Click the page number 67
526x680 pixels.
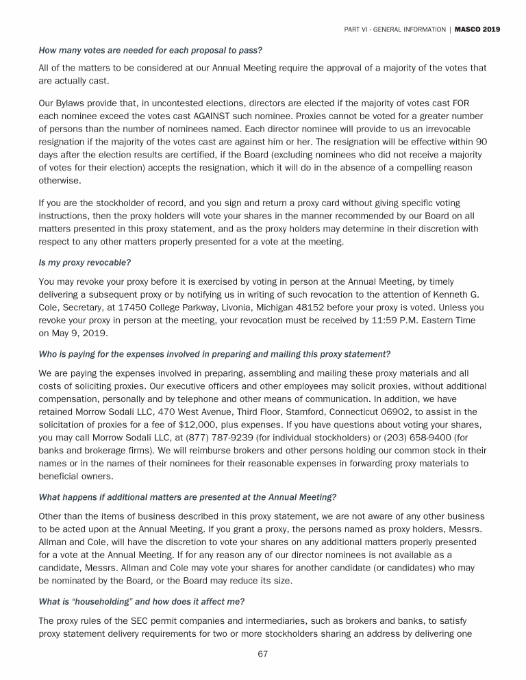click(x=262, y=653)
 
